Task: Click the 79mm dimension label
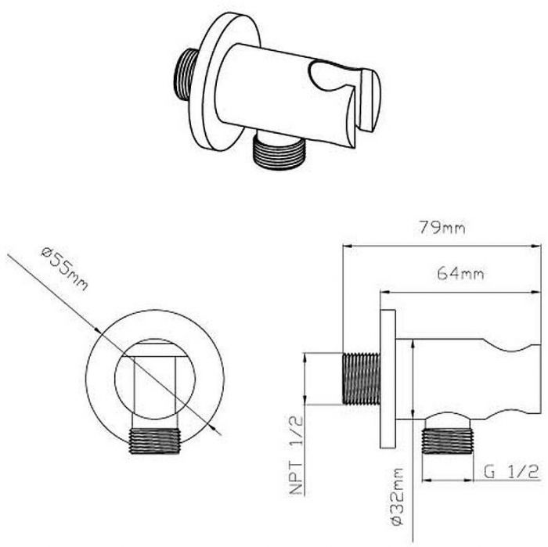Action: [442, 228]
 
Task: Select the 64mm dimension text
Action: [460, 273]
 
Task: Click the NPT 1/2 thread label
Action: [296, 455]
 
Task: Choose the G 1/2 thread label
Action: [511, 472]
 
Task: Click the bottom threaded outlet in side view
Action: [447, 441]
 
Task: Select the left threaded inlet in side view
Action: [362, 379]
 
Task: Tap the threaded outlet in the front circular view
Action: [154, 441]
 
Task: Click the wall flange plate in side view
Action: [388, 379]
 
